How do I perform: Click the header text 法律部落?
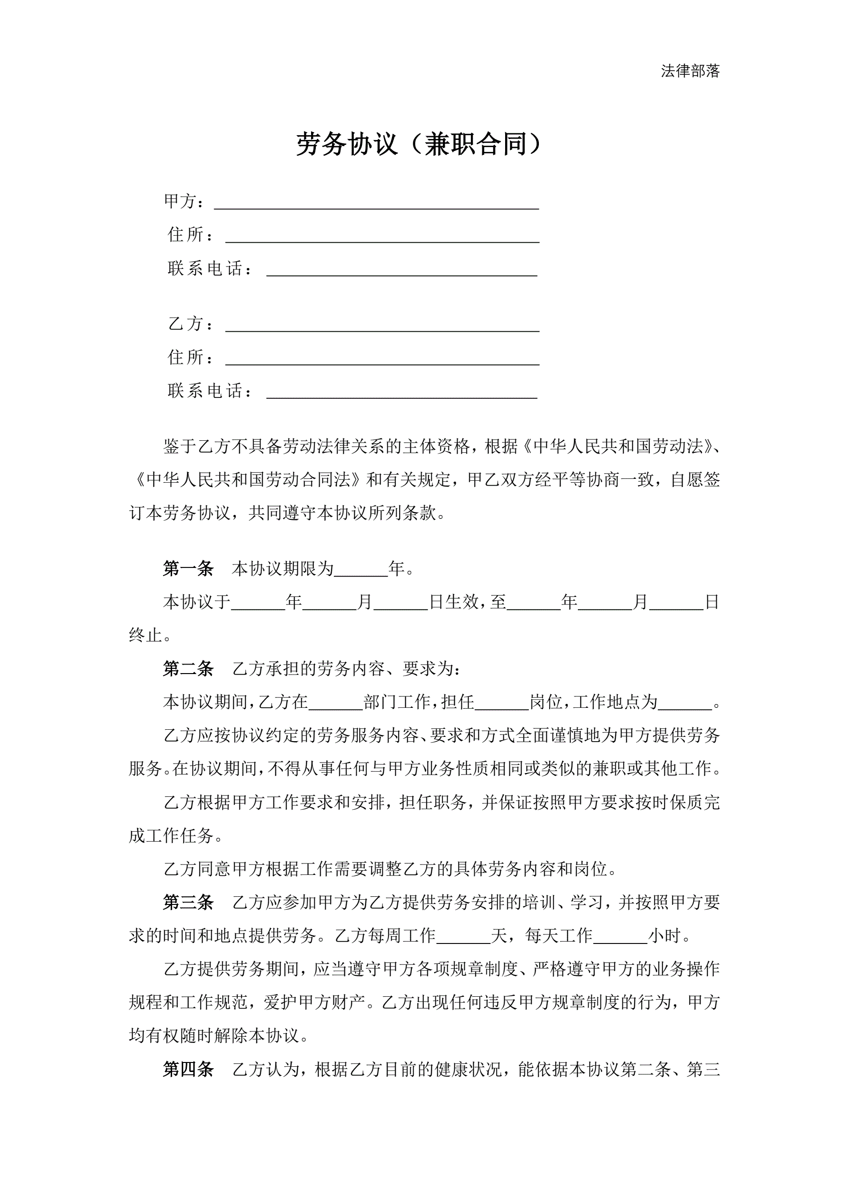[690, 71]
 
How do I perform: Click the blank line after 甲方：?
[376, 203]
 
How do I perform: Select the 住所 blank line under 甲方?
[382, 237]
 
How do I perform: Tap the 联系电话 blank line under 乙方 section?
[401, 392]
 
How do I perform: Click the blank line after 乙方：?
[382, 325]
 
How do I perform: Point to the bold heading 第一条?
[188, 568]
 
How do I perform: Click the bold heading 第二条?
[188, 668]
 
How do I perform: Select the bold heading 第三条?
[188, 903]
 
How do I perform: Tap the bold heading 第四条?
[188, 1069]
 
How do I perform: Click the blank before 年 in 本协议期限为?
[361, 570]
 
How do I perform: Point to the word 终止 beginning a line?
[146, 635]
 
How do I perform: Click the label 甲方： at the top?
[184, 201]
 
